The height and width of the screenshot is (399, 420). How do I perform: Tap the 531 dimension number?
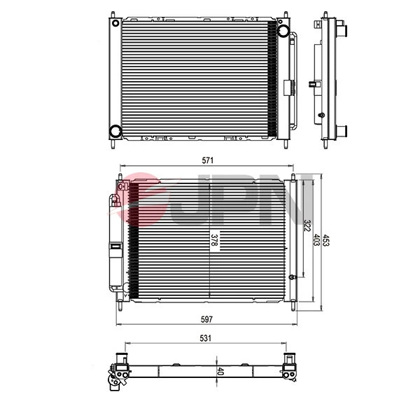[x=205, y=337]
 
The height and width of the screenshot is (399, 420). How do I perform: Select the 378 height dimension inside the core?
[x=214, y=241]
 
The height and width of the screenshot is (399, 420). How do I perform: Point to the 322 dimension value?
[x=307, y=227]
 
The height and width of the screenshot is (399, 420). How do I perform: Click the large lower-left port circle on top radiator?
[x=115, y=131]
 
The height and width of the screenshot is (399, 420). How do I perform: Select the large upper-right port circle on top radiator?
[x=283, y=31]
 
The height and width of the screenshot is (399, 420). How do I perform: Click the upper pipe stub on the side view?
[x=344, y=31]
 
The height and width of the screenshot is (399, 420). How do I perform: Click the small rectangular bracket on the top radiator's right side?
[x=287, y=87]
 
